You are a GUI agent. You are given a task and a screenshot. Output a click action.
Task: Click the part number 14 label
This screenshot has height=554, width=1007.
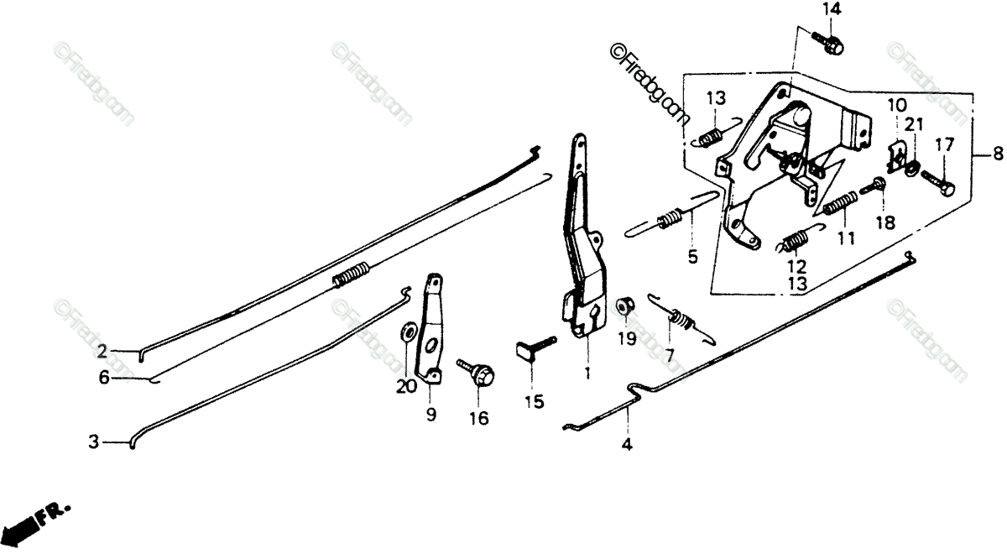(x=831, y=10)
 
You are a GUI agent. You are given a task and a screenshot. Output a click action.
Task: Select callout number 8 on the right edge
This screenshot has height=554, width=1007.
(x=997, y=154)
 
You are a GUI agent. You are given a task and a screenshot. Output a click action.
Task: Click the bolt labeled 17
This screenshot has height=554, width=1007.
(x=938, y=182)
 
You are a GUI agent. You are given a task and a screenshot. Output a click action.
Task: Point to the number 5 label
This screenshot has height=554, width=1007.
(x=692, y=258)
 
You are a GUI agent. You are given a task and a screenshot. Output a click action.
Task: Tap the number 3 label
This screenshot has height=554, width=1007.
(x=95, y=441)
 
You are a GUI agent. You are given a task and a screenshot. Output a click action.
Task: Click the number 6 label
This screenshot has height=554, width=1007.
(x=104, y=379)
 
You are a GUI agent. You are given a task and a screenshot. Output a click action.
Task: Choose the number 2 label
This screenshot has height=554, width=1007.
(x=102, y=351)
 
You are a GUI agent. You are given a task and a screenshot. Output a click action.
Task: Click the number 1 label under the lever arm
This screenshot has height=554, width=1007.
(x=587, y=372)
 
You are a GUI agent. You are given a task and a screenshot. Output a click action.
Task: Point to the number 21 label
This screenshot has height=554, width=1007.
(x=915, y=125)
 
